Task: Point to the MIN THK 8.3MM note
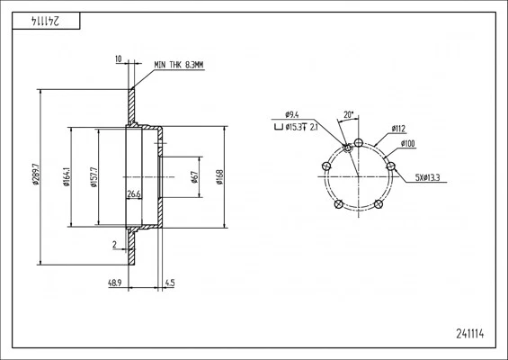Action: point(179,65)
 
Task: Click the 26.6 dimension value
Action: point(134,194)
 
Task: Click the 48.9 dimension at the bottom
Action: point(115,283)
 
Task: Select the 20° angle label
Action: point(349,114)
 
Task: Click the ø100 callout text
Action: point(408,144)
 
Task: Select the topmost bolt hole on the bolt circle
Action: point(359,142)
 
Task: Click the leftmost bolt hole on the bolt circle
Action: point(325,166)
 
